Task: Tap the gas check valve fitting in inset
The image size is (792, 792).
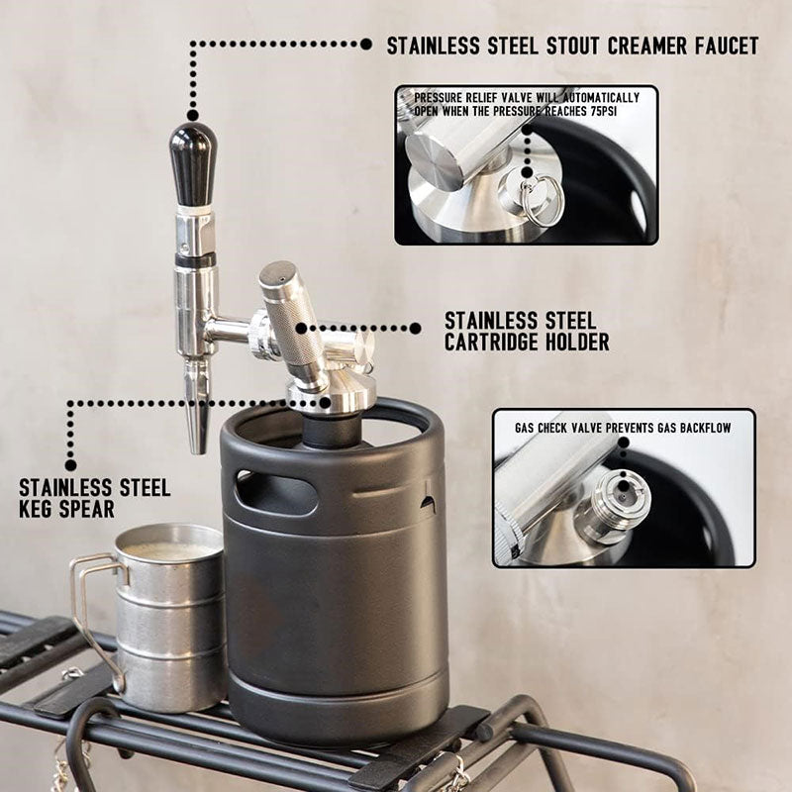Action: [x=606, y=505]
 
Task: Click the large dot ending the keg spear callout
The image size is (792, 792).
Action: [x=70, y=464]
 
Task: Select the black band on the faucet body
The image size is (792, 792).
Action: [x=195, y=260]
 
